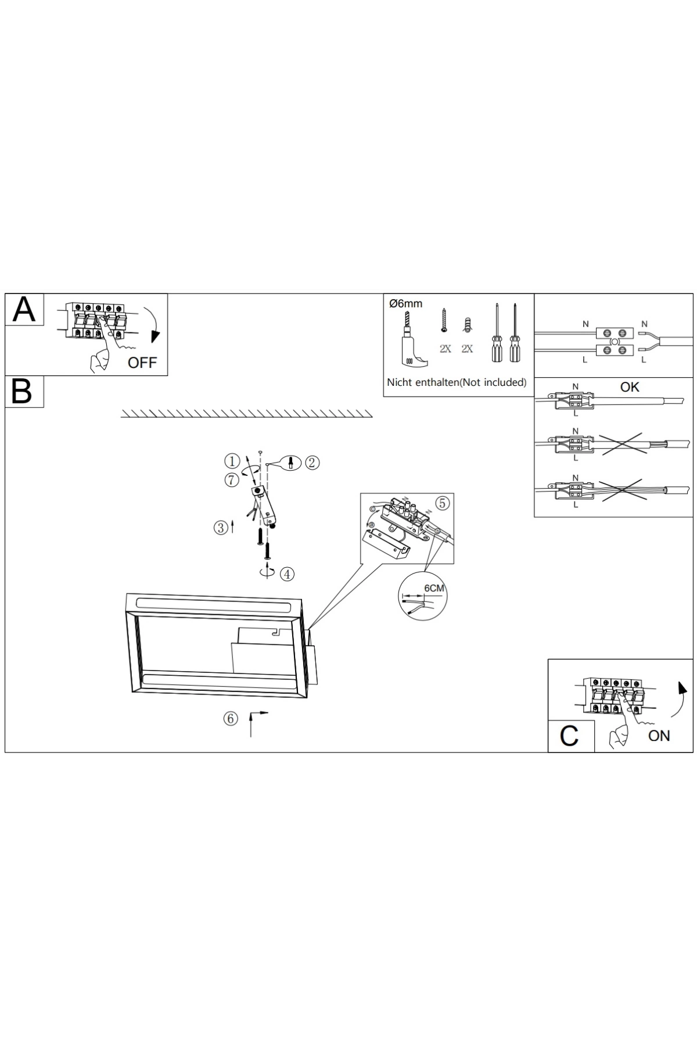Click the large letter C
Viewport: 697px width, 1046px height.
pyautogui.click(x=569, y=736)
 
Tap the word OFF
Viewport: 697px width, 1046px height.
pyautogui.click(x=142, y=363)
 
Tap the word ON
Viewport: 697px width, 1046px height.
pyautogui.click(x=659, y=736)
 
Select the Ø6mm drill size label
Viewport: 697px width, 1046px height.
pyautogui.click(x=406, y=303)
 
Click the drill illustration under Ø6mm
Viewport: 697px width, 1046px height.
pyautogui.click(x=412, y=339)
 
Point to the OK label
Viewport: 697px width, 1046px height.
pyautogui.click(x=630, y=387)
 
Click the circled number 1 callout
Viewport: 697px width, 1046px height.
pyautogui.click(x=232, y=461)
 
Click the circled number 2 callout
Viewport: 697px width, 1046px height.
pyautogui.click(x=312, y=463)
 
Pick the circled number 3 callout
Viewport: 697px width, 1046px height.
pyautogui.click(x=221, y=528)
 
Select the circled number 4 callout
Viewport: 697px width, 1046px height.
pyautogui.click(x=287, y=574)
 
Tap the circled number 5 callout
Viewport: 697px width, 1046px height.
pyautogui.click(x=443, y=503)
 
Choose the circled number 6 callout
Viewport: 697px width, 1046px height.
pyautogui.click(x=231, y=719)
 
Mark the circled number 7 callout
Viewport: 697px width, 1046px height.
pyautogui.click(x=232, y=480)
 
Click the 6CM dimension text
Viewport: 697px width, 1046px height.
pyautogui.click(x=434, y=588)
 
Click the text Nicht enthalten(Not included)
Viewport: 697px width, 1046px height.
pyautogui.click(x=457, y=382)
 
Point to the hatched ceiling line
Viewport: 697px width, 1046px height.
pyautogui.click(x=246, y=413)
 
